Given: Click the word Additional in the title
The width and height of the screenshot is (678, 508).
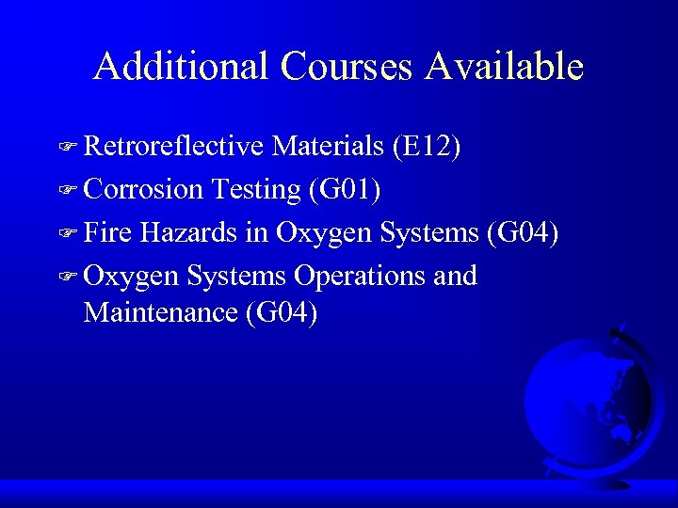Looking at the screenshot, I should (x=181, y=66).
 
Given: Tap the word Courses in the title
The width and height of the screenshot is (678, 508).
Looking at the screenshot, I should (x=346, y=66).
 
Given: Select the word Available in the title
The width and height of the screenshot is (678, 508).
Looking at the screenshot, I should (x=505, y=66).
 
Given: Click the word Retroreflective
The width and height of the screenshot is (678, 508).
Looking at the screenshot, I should (x=173, y=146).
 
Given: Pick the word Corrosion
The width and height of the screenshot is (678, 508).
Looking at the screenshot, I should (x=143, y=189).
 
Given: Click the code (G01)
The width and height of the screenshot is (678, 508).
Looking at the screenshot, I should (x=345, y=189).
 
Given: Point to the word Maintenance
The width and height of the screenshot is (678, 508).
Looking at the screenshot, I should (x=160, y=311).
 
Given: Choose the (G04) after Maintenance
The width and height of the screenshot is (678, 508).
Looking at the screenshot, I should (x=280, y=311).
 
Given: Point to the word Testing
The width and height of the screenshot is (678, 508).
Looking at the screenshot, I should (x=255, y=189).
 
